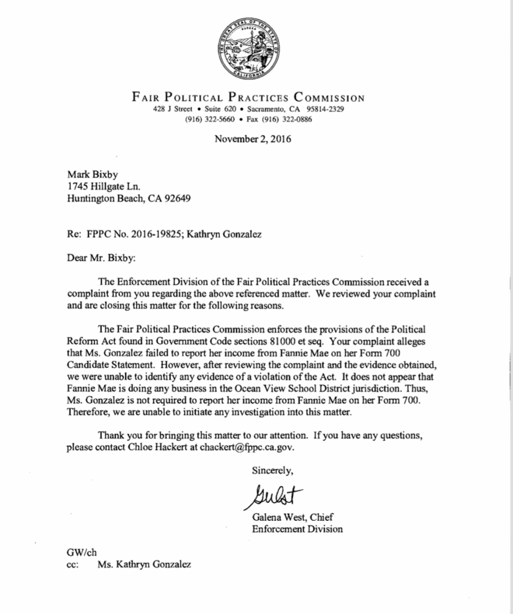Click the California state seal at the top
[x=248, y=49]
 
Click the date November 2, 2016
[x=253, y=139]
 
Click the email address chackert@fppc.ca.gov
[x=247, y=447]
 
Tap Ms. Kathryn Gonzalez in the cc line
[x=145, y=565]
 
